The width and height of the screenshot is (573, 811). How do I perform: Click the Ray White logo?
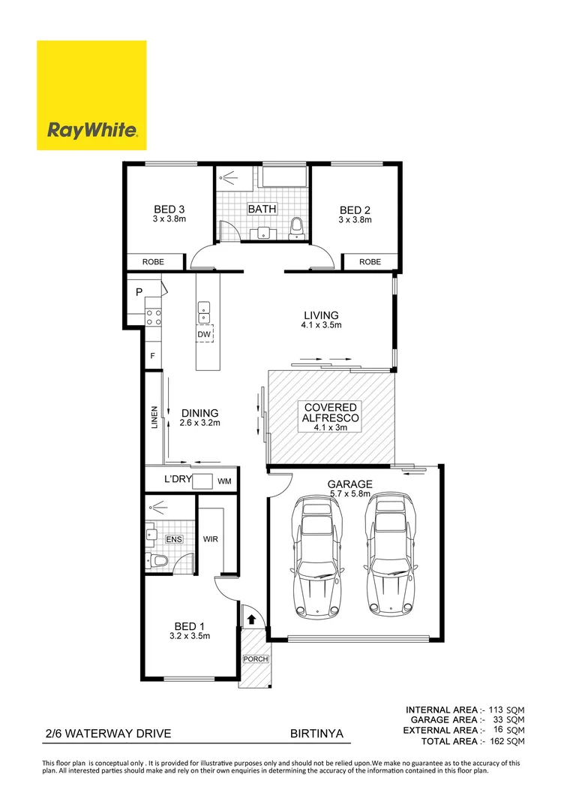[91, 95]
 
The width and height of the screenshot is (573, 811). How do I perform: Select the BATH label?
[262, 210]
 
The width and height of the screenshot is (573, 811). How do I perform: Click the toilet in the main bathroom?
[298, 225]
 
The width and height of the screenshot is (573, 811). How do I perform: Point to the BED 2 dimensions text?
[355, 220]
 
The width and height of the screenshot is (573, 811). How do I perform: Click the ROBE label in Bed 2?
[370, 262]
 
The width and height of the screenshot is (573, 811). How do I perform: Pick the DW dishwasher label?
[203, 334]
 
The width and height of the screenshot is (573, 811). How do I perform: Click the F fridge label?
[152, 356]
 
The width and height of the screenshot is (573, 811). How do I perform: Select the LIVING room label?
[321, 315]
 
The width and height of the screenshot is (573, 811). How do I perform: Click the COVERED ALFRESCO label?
[330, 412]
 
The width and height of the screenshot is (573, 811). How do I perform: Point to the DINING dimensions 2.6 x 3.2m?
[199, 423]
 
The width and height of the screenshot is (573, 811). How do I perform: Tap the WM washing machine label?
[224, 481]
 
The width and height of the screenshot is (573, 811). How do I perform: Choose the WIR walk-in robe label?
[211, 538]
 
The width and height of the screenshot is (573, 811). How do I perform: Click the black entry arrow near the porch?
[251, 620]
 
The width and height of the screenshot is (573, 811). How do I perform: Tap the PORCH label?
[253, 659]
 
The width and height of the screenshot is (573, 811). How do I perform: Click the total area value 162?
[496, 741]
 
